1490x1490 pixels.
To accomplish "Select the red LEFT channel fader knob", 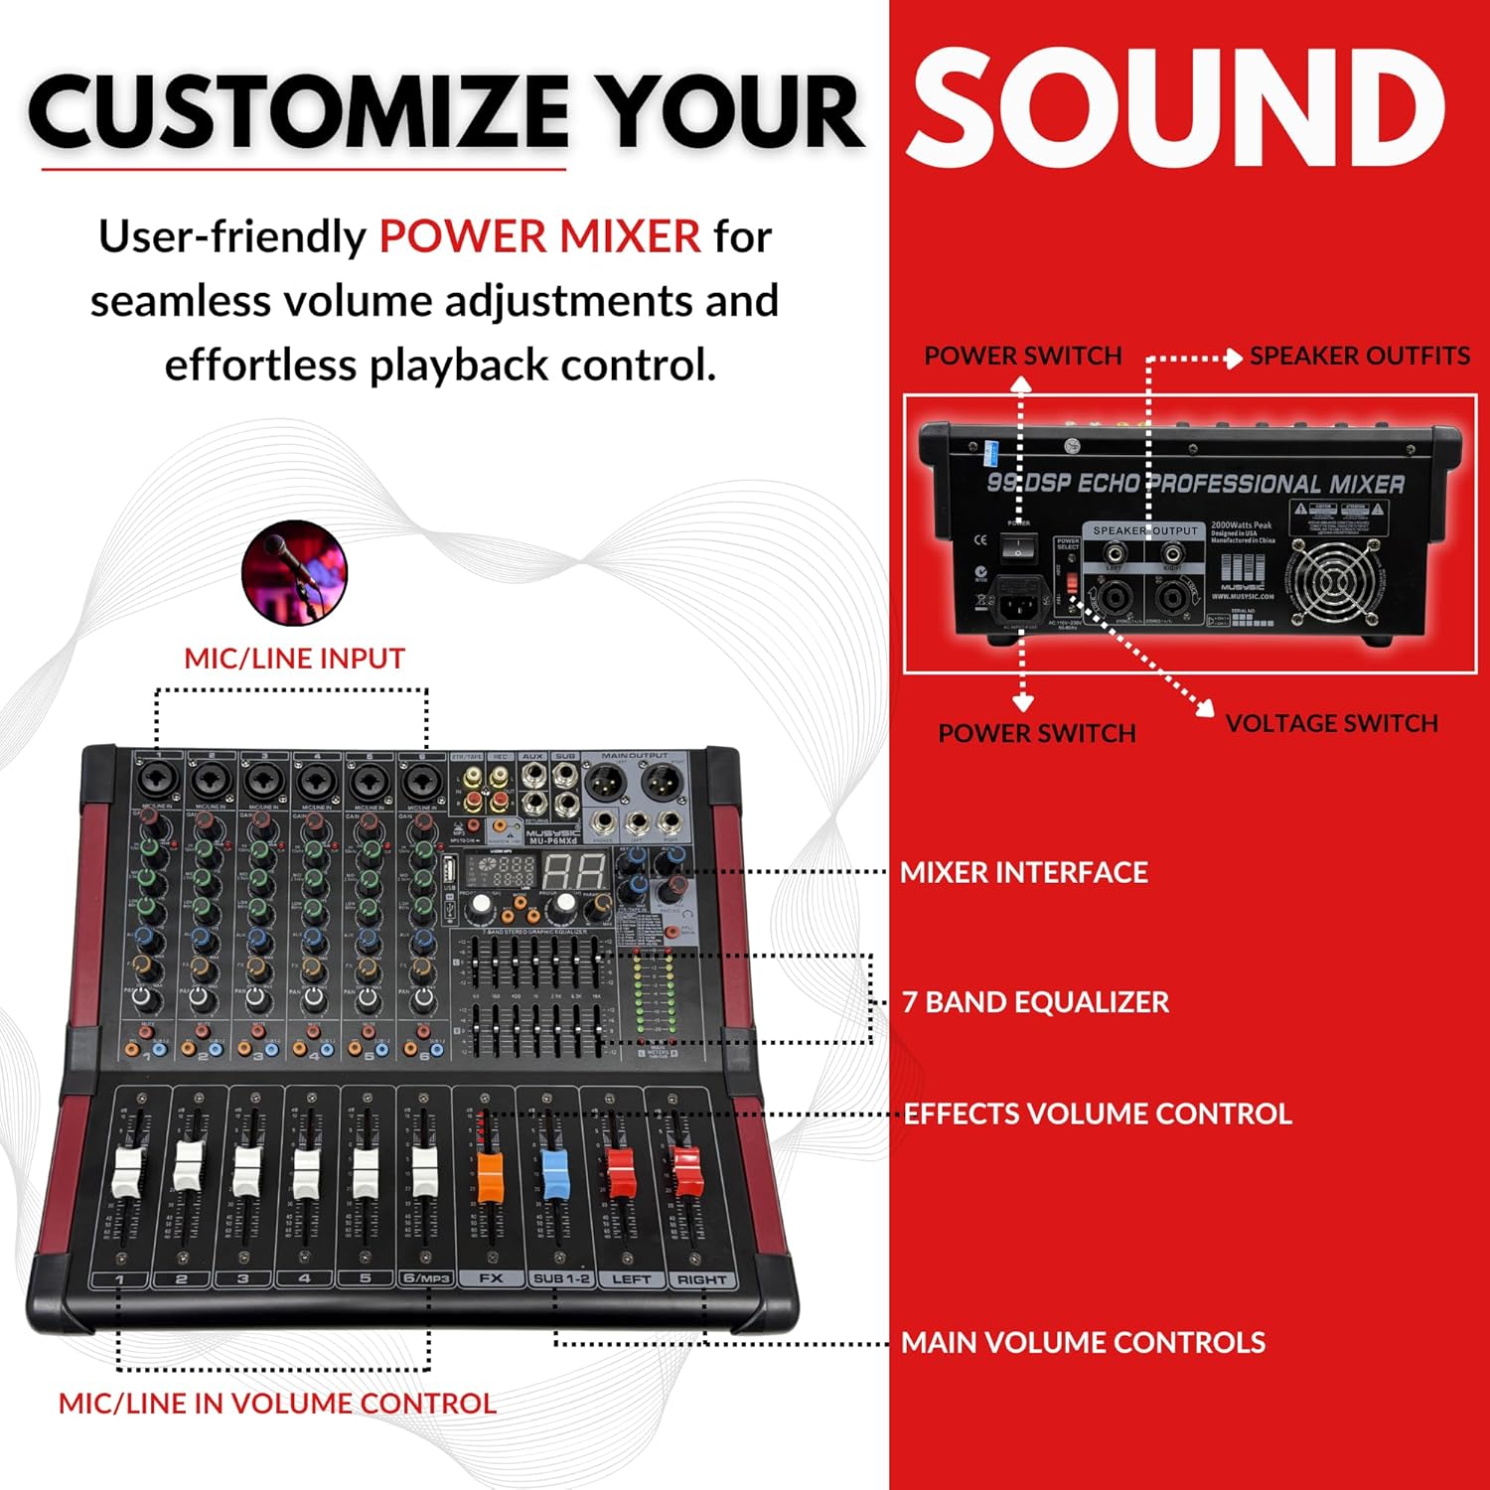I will (620, 1172).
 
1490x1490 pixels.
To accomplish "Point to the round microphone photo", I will (295, 573).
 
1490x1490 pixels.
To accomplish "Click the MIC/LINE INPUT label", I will (294, 659).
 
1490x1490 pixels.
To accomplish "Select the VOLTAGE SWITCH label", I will (1331, 723).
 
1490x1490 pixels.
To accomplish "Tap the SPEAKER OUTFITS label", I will (1359, 356).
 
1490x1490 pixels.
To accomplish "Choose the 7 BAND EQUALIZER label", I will (1035, 1001).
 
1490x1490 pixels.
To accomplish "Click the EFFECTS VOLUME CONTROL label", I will (1098, 1114).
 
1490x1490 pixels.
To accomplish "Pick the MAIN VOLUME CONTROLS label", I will (1083, 1343).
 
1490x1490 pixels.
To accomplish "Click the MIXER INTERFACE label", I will (1023, 872).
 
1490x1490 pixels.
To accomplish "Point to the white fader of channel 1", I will (128, 1172).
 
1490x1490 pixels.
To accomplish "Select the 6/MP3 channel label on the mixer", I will (426, 1278).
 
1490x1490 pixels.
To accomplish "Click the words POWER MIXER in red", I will (539, 236).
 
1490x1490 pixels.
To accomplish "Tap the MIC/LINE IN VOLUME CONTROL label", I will (277, 1404).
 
